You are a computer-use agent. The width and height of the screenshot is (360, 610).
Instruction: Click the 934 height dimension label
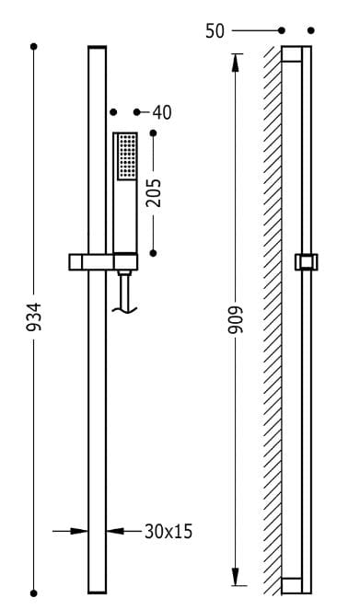pos(33,317)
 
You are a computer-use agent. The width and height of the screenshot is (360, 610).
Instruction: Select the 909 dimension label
pos(236,320)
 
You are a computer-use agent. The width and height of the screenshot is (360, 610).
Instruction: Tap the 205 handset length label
pos(153,192)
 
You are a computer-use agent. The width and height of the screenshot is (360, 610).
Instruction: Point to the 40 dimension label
pos(162,112)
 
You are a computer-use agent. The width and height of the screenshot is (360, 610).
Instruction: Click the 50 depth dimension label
pos(215,31)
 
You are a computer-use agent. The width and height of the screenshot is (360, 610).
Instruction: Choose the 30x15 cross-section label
pos(168,532)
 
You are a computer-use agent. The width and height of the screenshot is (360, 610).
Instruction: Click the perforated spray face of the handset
pos(127,156)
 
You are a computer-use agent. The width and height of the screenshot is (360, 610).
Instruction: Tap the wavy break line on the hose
pos(124,310)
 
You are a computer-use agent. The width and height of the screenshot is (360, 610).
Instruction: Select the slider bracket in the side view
pos(307,262)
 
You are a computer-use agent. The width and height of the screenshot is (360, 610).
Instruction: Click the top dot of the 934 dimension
pos(34,47)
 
